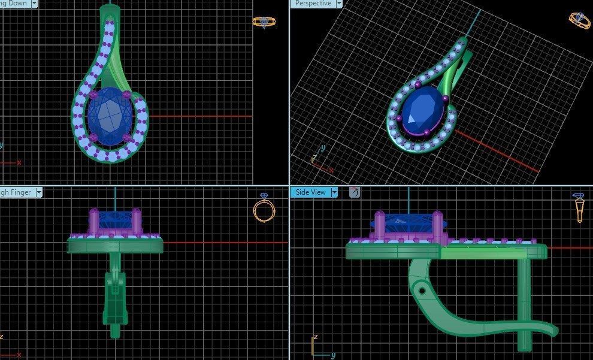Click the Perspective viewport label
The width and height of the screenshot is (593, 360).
313,4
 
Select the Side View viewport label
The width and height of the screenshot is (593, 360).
310,192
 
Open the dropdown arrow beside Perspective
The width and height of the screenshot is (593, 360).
339,4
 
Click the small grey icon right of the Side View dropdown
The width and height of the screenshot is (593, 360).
354,192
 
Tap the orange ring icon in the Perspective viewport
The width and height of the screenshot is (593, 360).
579,21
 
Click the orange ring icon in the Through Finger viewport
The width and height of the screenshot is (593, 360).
264,208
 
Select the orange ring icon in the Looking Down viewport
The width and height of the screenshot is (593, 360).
264,22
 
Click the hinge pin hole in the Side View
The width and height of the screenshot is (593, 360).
422,291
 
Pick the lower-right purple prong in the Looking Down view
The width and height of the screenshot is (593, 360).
127,139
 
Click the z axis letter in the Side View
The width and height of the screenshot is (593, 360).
316,337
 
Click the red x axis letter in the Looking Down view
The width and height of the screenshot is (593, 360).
19,162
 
